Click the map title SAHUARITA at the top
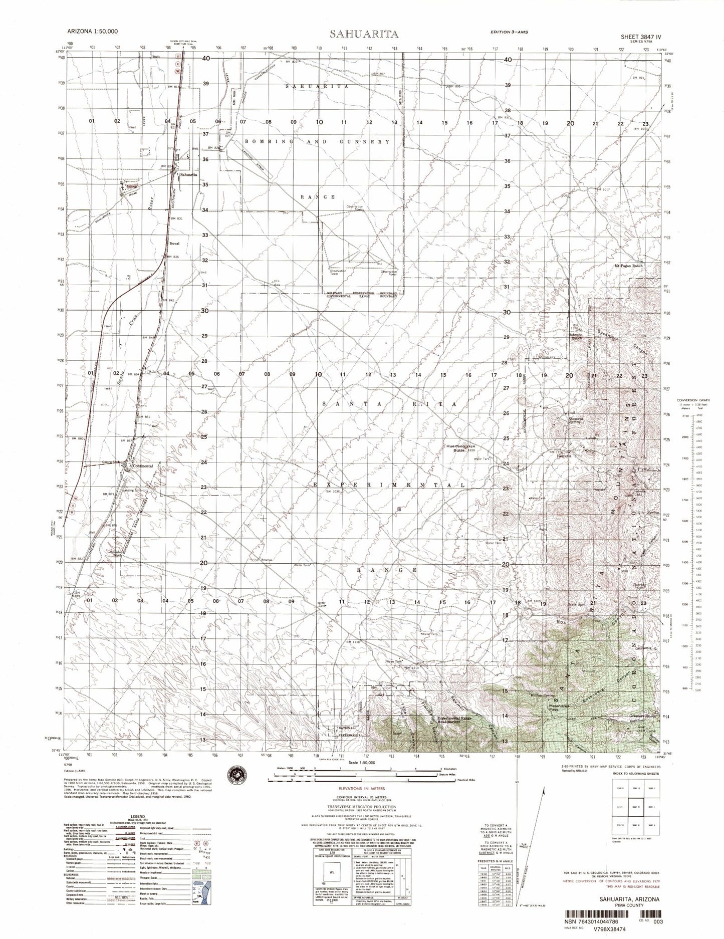pos(364,34)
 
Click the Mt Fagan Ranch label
pos(628,266)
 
